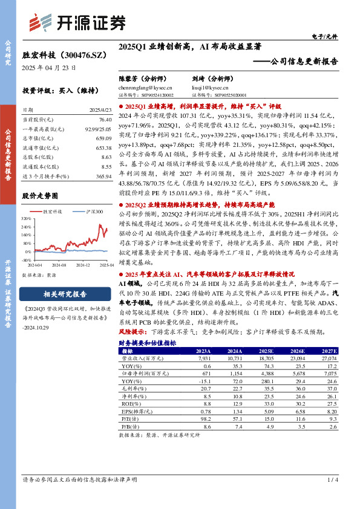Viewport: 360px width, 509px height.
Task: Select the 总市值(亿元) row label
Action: [x=36, y=139]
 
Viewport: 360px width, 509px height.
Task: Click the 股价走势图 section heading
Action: [x=42, y=196]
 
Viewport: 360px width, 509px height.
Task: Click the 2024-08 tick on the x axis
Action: [x=57, y=265]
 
